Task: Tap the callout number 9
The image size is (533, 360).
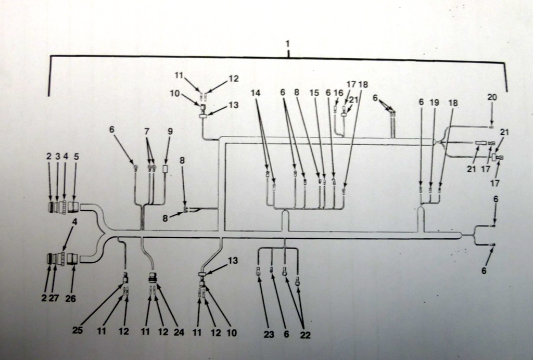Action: tap(170, 132)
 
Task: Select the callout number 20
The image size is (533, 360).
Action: tap(492, 97)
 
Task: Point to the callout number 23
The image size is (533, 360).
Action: tap(269, 335)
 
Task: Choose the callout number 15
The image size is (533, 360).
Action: tap(313, 92)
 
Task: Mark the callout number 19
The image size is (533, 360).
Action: tap(434, 103)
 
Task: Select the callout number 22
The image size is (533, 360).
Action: tap(305, 336)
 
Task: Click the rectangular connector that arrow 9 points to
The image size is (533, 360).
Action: tap(165, 169)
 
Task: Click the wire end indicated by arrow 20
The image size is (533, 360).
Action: tap(491, 126)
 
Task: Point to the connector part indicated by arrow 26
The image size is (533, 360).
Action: tap(73, 258)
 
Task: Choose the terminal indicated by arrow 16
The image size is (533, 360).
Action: tap(335, 110)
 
